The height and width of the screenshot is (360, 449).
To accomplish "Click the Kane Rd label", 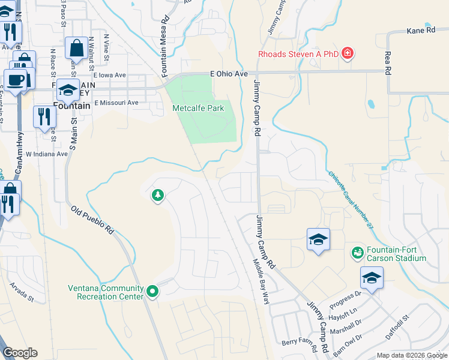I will point(420,30).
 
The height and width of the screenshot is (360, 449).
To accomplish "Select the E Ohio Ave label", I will point(229,74).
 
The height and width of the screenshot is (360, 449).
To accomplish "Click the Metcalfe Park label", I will point(198,108).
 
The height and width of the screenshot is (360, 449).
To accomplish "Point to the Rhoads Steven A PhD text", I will point(298,54).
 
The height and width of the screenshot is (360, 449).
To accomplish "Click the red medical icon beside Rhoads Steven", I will point(347,54).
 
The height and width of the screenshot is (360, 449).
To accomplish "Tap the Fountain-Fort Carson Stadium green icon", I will point(358,253).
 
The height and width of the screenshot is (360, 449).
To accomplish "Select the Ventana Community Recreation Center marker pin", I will point(153,292).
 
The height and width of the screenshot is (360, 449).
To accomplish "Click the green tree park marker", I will point(158,195).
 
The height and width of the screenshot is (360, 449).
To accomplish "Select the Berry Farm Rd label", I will point(300,342).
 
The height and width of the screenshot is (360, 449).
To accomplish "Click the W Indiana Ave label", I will point(46,154).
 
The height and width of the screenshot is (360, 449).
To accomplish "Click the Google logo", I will point(20,352).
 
